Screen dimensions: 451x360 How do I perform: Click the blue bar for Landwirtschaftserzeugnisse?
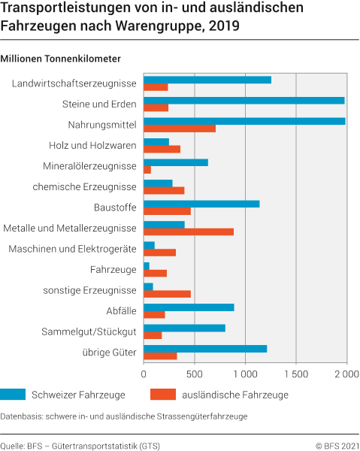207,80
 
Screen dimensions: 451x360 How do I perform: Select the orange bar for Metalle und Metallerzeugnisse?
188,232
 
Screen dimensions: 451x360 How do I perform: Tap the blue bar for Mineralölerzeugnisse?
175,162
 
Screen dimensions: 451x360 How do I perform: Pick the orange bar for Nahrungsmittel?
179,128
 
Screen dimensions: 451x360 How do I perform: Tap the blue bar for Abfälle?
188,307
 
